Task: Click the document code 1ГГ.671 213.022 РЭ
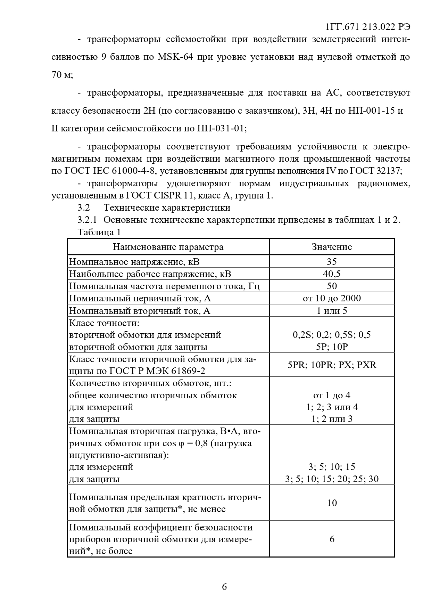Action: click(x=368, y=27)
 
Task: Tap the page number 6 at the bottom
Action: click(x=224, y=587)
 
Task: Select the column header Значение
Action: click(x=332, y=247)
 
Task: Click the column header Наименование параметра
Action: click(x=168, y=247)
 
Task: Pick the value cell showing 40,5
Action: click(x=332, y=274)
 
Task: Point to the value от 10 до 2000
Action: click(x=332, y=298)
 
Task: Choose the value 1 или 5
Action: click(x=332, y=310)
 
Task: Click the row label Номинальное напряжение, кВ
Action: click(x=134, y=262)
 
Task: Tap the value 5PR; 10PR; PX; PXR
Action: click(x=332, y=365)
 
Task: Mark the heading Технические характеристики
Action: click(x=167, y=208)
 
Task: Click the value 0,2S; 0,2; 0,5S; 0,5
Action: click(x=332, y=335)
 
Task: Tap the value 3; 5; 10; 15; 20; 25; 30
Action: click(x=332, y=479)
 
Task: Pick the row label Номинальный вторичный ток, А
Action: click(x=140, y=310)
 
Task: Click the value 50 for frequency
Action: click(x=332, y=286)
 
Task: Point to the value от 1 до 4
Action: click(x=332, y=395)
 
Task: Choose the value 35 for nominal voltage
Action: click(x=332, y=262)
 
